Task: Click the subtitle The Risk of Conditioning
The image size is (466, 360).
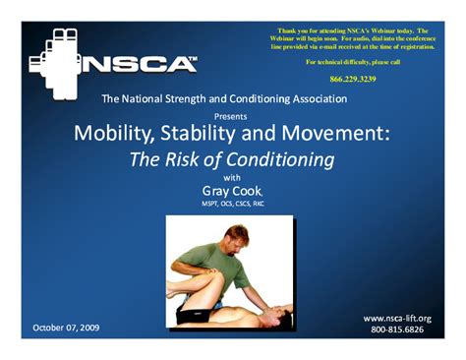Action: click(x=233, y=159)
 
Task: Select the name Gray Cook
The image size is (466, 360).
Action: click(x=233, y=191)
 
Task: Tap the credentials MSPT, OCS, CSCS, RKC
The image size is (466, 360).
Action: click(x=233, y=205)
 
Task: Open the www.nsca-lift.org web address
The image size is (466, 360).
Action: click(x=397, y=318)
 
